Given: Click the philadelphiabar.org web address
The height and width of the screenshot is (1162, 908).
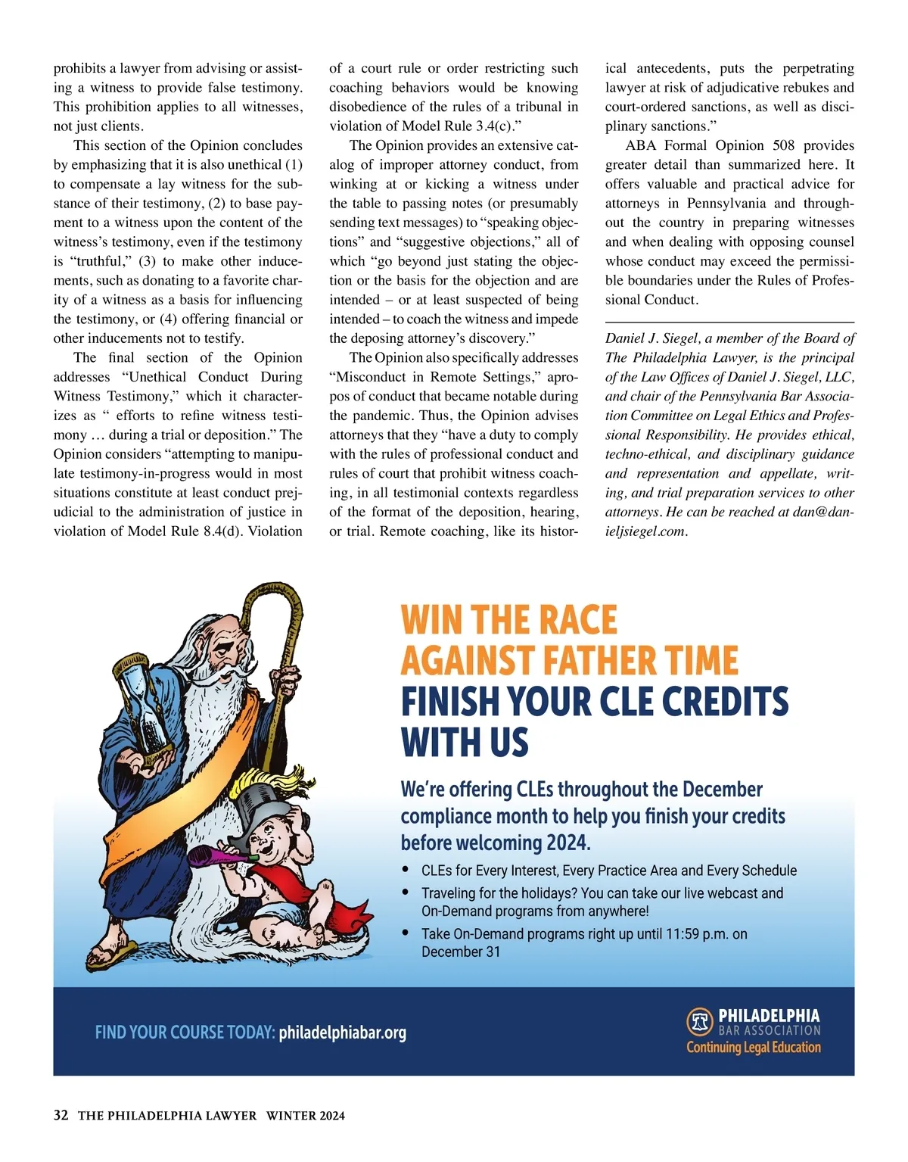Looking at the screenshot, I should (x=342, y=1033).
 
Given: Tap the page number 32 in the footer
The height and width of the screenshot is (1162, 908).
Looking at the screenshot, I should (x=61, y=1115).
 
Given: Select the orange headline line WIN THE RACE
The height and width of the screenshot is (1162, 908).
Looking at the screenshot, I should (x=508, y=620).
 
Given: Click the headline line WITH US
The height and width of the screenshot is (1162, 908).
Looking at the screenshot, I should (x=464, y=742).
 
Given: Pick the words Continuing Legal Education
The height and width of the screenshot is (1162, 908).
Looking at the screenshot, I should (x=753, y=1048).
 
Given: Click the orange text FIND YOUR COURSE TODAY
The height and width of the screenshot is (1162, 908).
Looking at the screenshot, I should (x=185, y=1033).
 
